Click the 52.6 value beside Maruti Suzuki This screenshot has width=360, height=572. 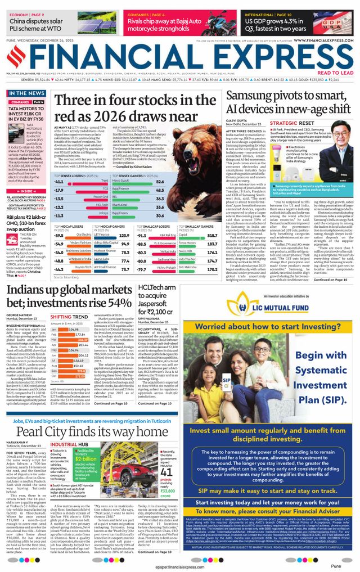tap(160, 182)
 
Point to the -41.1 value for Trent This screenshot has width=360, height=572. tap(59, 182)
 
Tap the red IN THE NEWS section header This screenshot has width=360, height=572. tap(27, 93)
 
